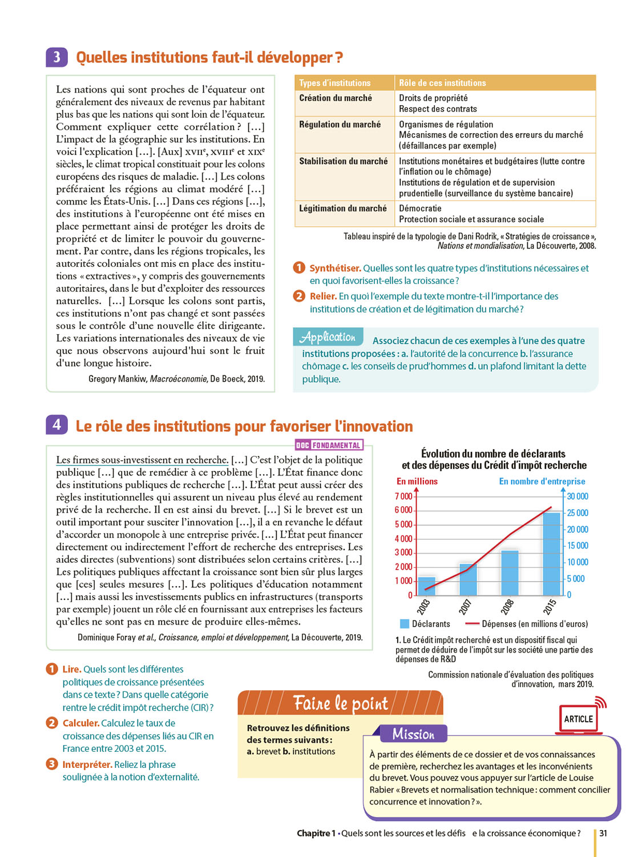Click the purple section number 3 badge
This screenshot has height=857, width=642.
coord(56,57)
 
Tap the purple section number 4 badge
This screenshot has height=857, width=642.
coord(56,425)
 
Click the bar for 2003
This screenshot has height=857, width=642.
coord(427,586)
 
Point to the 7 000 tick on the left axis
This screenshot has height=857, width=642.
coord(403,496)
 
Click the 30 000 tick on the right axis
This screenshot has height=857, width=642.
coord(577,496)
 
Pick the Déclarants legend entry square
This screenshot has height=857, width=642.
coord(405,624)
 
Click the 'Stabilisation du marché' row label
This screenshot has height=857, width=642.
coord(343,162)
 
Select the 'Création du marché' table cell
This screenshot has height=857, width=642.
coord(336,98)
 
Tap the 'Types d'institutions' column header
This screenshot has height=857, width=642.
coord(335,83)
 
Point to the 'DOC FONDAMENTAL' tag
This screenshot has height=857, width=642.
coord(329,445)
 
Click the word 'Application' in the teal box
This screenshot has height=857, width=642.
coord(328,337)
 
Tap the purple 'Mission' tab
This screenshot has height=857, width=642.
coord(413,734)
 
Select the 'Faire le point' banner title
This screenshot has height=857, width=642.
coord(340,703)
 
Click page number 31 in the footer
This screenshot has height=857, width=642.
coord(603,833)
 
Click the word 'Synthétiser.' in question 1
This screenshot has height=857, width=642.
coord(335,268)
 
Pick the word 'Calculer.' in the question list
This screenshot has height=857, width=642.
coord(80,723)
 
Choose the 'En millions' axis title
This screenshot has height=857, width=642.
coord(417,481)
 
